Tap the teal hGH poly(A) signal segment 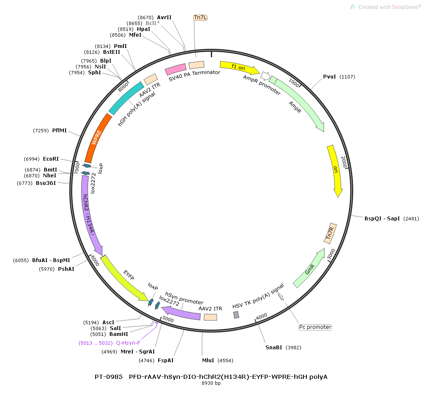pos(126,98)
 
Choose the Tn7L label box pos(200,17)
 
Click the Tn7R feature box pos(330,233)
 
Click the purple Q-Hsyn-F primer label pos(128,343)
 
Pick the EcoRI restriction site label pos(51,159)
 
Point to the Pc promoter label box pos(315,327)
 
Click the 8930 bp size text pos(211,383)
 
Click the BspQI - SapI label pos(382,218)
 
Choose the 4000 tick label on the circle pos(261,316)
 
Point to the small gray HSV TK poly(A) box pos(236,315)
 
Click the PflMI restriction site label pos(59,131)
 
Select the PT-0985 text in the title pos(109,377)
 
